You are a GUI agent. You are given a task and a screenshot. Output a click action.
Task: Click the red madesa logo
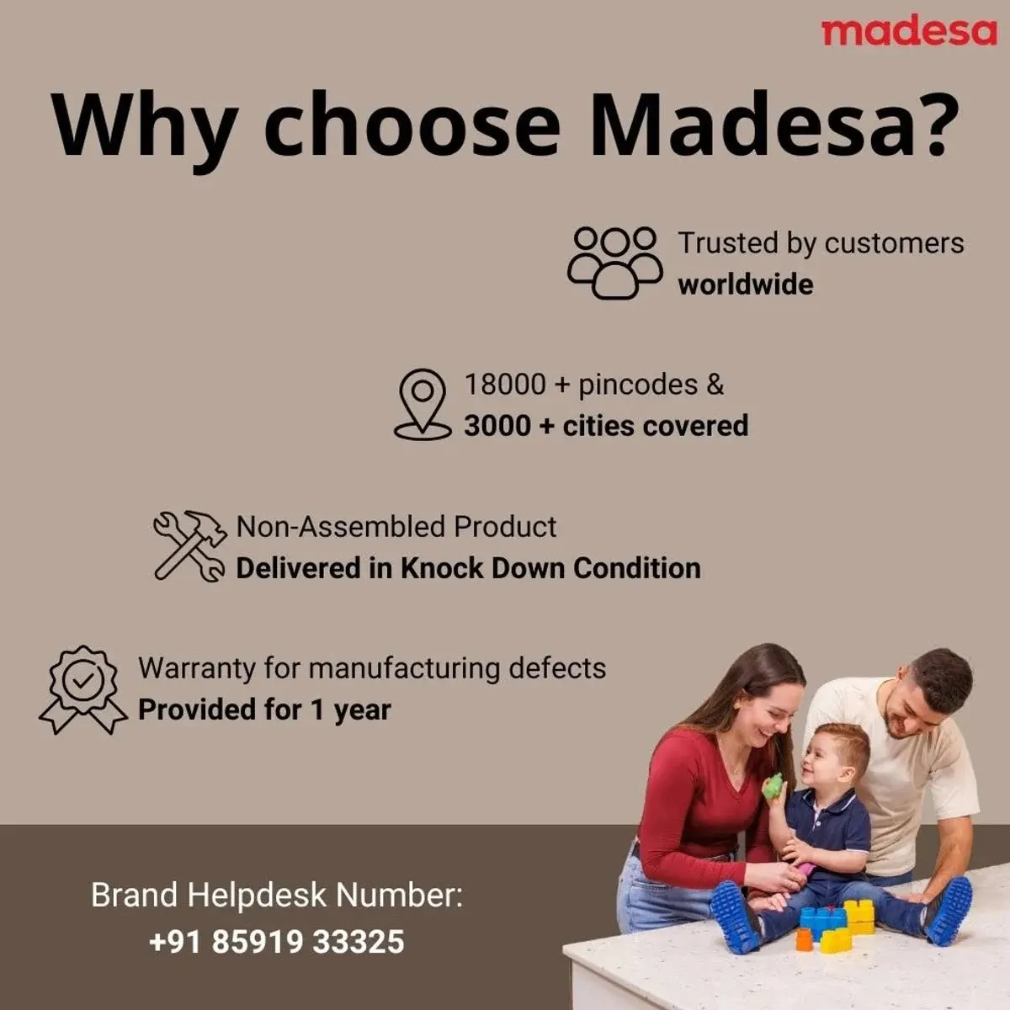pos(908,31)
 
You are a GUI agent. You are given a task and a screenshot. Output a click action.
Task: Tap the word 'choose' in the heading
pos(412,126)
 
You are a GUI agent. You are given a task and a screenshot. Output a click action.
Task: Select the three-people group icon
pos(615,262)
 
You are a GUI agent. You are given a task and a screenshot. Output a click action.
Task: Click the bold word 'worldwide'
pos(746,284)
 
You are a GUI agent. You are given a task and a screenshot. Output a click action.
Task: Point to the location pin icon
pos(423,404)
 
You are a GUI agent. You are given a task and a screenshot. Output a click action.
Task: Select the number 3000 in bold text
pos(497,426)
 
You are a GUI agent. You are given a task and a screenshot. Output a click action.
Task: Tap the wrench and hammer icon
pos(190,545)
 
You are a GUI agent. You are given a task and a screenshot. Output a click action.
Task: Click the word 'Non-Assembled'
pos(341,527)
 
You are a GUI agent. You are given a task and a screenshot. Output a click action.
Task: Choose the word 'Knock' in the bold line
pos(442,568)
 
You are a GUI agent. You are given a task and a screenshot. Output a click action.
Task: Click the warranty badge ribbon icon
pos(82,688)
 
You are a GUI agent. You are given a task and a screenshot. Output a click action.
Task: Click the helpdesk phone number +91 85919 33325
pos(276,941)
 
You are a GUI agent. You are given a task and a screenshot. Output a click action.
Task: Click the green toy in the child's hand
pos(773,786)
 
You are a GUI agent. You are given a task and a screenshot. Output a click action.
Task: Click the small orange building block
pos(804,939)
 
